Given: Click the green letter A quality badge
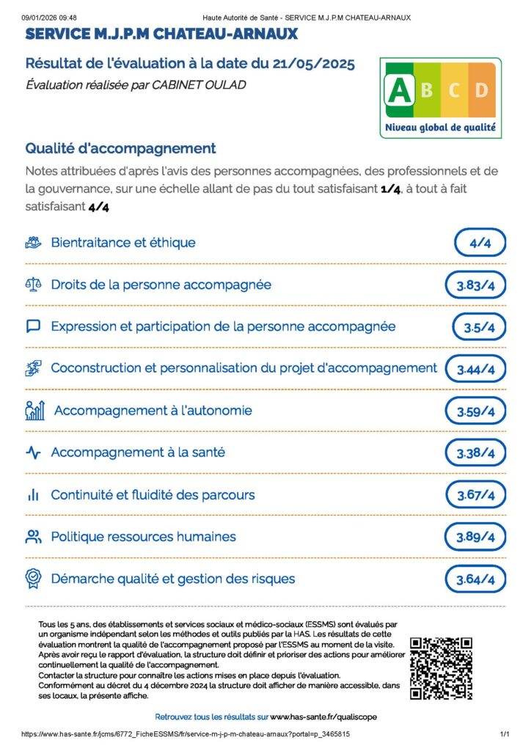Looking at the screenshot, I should click(x=398, y=89).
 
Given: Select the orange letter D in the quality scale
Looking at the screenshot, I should click(x=481, y=90).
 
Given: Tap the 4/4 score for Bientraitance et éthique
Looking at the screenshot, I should click(x=480, y=243).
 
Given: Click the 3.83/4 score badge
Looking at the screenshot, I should click(x=475, y=285).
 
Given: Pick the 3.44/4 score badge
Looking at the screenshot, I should click(x=475, y=370).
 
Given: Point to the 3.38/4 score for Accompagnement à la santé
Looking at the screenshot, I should click(x=475, y=453).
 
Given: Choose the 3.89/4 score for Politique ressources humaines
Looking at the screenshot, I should click(x=475, y=538).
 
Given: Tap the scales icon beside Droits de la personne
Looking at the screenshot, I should click(x=33, y=285).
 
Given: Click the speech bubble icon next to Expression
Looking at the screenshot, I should click(x=33, y=326).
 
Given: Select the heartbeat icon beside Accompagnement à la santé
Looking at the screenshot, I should click(x=33, y=453).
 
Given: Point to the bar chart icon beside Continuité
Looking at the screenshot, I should click(x=33, y=495).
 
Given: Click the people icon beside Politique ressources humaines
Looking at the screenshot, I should click(x=33, y=537).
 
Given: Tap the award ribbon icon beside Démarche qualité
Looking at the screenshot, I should click(x=33, y=579).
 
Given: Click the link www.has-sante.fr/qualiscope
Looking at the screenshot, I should click(x=323, y=717).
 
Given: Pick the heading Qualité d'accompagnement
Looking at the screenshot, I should click(x=120, y=148).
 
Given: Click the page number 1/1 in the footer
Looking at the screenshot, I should click(x=505, y=733).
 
